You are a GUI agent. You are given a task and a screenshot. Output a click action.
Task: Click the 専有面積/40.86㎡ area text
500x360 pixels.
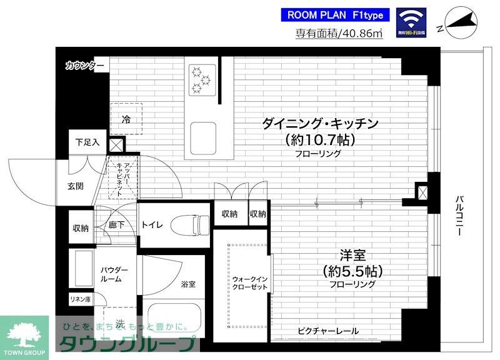click(338, 35)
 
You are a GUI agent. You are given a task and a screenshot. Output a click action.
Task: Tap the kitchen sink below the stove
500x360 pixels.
click(203, 134)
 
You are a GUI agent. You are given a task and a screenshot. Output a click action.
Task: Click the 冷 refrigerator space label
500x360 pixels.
click(126, 118)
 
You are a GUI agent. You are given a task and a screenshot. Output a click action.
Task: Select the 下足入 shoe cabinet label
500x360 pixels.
click(87, 142)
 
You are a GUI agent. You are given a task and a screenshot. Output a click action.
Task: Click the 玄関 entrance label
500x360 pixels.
click(76, 186)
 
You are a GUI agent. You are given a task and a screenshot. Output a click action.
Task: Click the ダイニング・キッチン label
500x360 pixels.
click(321, 123)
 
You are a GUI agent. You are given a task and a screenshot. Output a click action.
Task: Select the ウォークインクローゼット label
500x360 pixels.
click(249, 282)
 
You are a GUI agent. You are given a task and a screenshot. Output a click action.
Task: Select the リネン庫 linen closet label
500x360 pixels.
click(79, 299)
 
